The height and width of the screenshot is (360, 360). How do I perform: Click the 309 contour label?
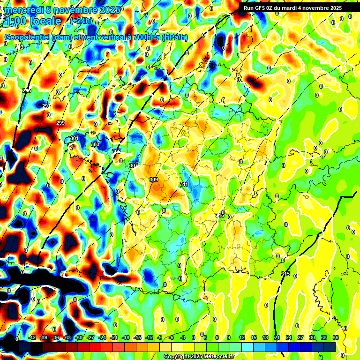153,180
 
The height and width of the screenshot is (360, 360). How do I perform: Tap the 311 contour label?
184,184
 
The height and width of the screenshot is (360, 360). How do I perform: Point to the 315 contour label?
285,274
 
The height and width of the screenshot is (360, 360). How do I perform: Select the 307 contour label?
134,165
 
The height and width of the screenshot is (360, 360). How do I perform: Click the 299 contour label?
60,123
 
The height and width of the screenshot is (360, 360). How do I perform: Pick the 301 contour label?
74,139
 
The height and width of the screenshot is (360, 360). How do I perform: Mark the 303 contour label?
95,145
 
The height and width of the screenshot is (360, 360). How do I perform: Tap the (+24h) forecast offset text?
82,21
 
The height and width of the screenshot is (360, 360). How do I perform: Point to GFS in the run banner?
262,8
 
